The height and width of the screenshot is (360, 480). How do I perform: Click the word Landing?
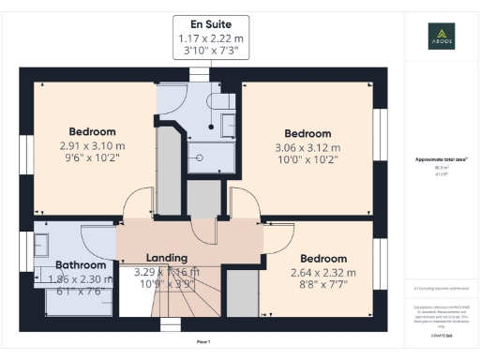(x=167, y=258)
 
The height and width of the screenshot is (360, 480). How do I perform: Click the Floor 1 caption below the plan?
(x=203, y=341)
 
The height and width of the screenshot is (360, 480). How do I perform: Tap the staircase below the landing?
(x=187, y=300)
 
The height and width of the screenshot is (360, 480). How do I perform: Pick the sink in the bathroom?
(x=43, y=247)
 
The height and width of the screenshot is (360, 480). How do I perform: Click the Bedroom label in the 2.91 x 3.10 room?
(x=93, y=131)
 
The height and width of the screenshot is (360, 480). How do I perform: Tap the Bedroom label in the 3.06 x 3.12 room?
(x=308, y=132)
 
